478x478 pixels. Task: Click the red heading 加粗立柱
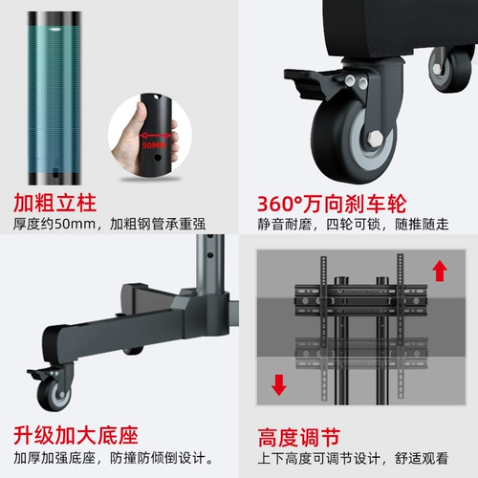[54, 203]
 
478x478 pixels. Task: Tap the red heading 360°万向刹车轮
[332, 204]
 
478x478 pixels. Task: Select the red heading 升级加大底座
[76, 435]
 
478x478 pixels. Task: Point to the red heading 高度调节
[299, 438]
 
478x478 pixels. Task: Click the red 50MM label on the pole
[155, 145]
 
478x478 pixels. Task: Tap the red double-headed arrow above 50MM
[156, 136]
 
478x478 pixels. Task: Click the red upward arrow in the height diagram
[440, 271]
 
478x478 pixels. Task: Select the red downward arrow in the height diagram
[279, 385]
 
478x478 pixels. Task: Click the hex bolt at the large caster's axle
[376, 138]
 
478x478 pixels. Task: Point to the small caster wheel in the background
[450, 69]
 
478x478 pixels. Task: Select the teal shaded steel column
[54, 98]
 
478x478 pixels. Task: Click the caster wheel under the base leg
[54, 394]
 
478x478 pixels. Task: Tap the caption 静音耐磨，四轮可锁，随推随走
[353, 225]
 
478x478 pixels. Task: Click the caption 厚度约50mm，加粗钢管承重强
[109, 224]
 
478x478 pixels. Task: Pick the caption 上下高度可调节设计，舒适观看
[353, 459]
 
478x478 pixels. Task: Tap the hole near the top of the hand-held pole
[156, 97]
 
